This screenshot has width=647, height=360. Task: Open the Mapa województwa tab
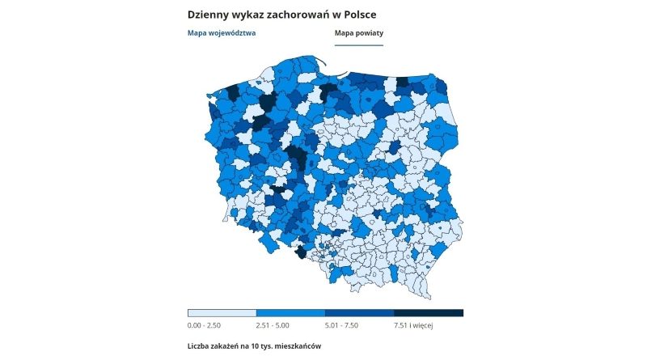tap(221, 33)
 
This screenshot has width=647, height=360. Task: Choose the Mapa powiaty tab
tap(358, 33)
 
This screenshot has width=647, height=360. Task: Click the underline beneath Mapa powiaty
tap(358, 45)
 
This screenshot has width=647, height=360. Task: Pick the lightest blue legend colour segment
tap(222, 312)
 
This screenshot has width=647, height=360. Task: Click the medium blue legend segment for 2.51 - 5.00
tap(290, 312)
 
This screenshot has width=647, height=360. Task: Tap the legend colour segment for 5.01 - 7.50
tap(359, 312)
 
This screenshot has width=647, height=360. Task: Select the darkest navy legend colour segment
tap(429, 312)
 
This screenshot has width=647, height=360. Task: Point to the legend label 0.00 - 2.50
tap(205, 326)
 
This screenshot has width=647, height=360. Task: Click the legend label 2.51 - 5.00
tap(273, 326)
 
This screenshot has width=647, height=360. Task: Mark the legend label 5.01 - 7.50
tap(342, 326)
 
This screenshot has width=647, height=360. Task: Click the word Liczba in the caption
tap(199, 346)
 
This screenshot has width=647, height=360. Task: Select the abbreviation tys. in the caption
tap(273, 346)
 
